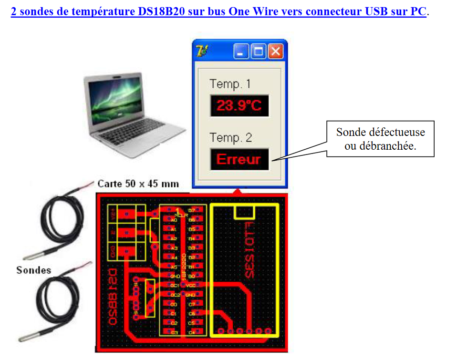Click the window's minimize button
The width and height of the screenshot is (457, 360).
[x=240, y=51]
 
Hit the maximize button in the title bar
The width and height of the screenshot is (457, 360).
[x=258, y=51]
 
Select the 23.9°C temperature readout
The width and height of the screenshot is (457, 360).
[x=239, y=106]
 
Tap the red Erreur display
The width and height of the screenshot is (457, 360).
[x=239, y=159]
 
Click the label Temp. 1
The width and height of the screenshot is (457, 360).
[x=230, y=84]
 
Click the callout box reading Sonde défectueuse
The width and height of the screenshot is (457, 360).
[x=380, y=139]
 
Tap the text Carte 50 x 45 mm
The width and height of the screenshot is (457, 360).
[x=138, y=184]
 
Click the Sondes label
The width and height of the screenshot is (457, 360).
[x=33, y=270]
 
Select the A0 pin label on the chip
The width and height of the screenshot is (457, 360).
[x=174, y=220]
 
